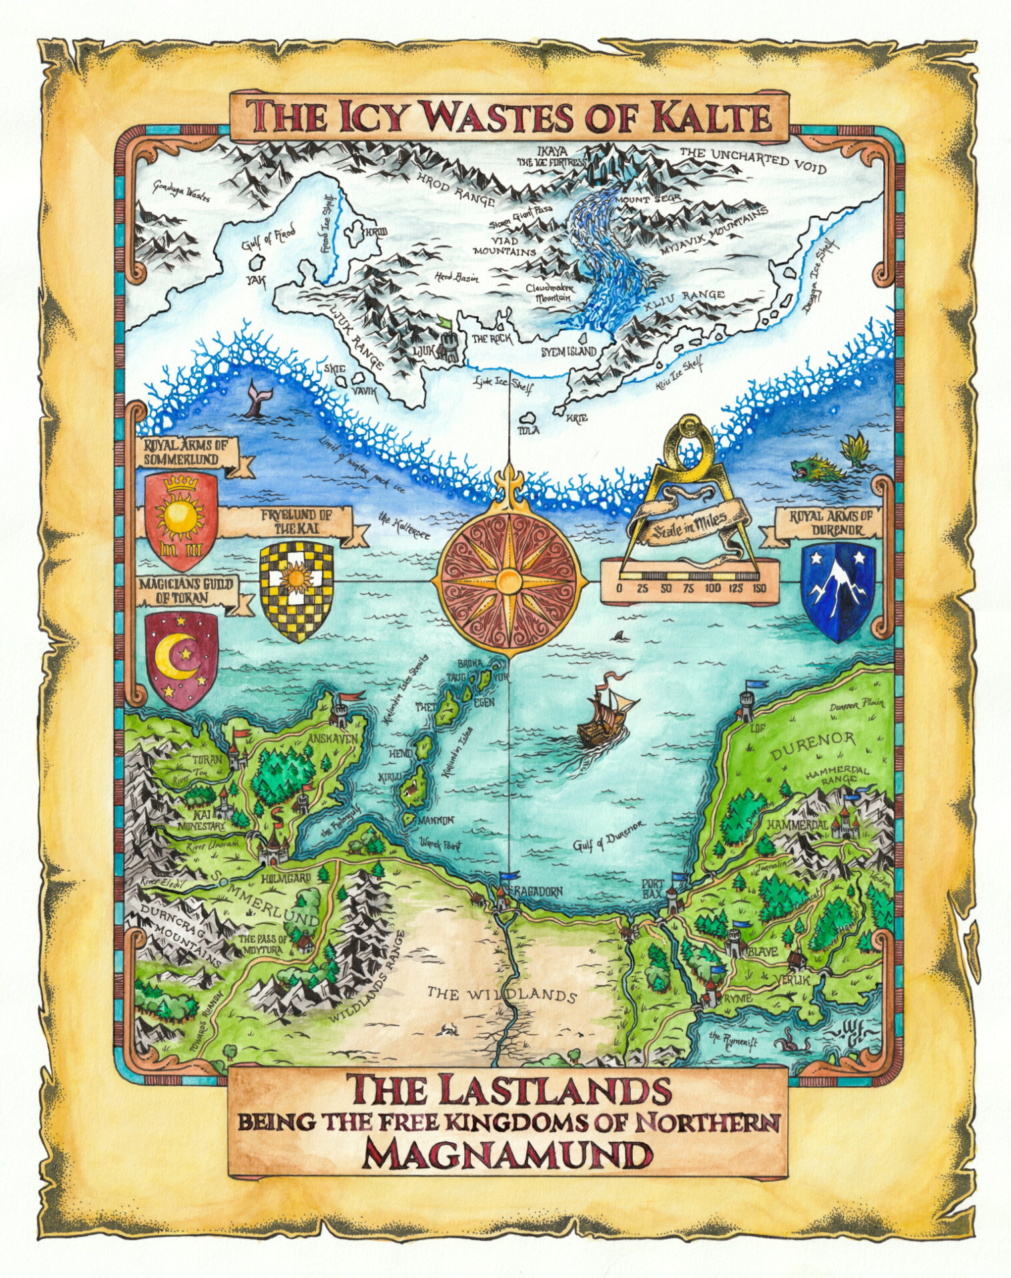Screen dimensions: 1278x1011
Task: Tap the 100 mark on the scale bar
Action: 713,588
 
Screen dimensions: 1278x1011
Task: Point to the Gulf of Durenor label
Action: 609,836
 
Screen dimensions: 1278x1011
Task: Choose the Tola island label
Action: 529,430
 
